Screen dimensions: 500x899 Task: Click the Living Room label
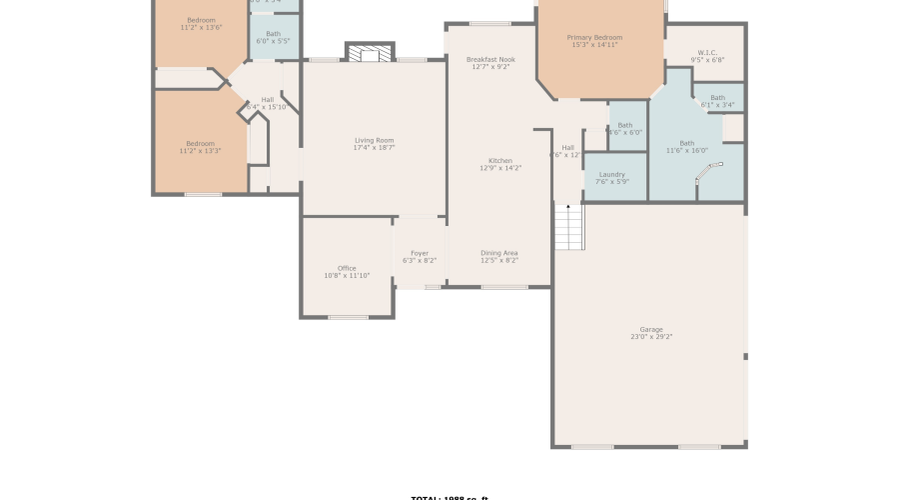374,140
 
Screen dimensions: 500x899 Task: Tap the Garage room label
651,329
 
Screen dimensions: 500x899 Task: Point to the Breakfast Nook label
490,60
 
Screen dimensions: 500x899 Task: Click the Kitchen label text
500,161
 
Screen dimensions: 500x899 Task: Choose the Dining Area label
498,253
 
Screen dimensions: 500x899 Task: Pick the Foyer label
420,253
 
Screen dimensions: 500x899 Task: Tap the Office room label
347,268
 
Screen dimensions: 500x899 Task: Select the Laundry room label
610,174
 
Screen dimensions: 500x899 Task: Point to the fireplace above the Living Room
370,53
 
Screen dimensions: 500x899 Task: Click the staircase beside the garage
567,227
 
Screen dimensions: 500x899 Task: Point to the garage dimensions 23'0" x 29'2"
651,337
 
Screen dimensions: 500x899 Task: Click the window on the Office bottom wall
348,318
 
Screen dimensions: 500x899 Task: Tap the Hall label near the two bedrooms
268,100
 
